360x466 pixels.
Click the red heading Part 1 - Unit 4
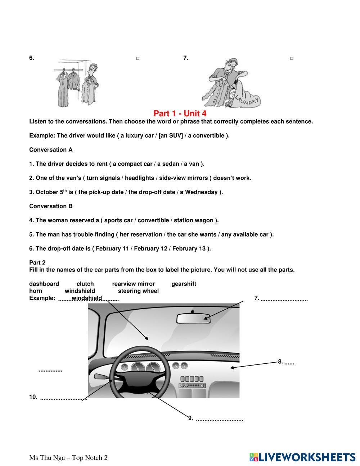180,113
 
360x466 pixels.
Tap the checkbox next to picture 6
138,58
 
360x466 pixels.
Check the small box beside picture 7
292,58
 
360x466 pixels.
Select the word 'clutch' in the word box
85,284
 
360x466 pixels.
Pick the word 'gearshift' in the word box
184,284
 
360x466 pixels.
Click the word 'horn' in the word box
36,291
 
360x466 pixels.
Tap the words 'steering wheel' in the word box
138,291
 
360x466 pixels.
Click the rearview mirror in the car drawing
193,318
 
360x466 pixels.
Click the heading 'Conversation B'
51,206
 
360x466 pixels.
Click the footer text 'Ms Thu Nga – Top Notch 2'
68,458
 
